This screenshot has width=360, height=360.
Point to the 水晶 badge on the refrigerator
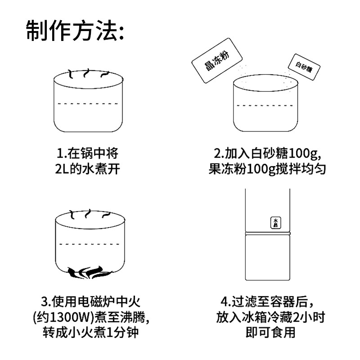(275, 223)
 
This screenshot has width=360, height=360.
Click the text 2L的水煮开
(89, 170)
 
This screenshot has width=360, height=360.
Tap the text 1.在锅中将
(89, 153)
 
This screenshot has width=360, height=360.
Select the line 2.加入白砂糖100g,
(267, 153)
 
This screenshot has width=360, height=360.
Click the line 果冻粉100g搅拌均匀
(267, 170)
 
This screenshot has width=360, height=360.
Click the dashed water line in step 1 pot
(89, 103)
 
